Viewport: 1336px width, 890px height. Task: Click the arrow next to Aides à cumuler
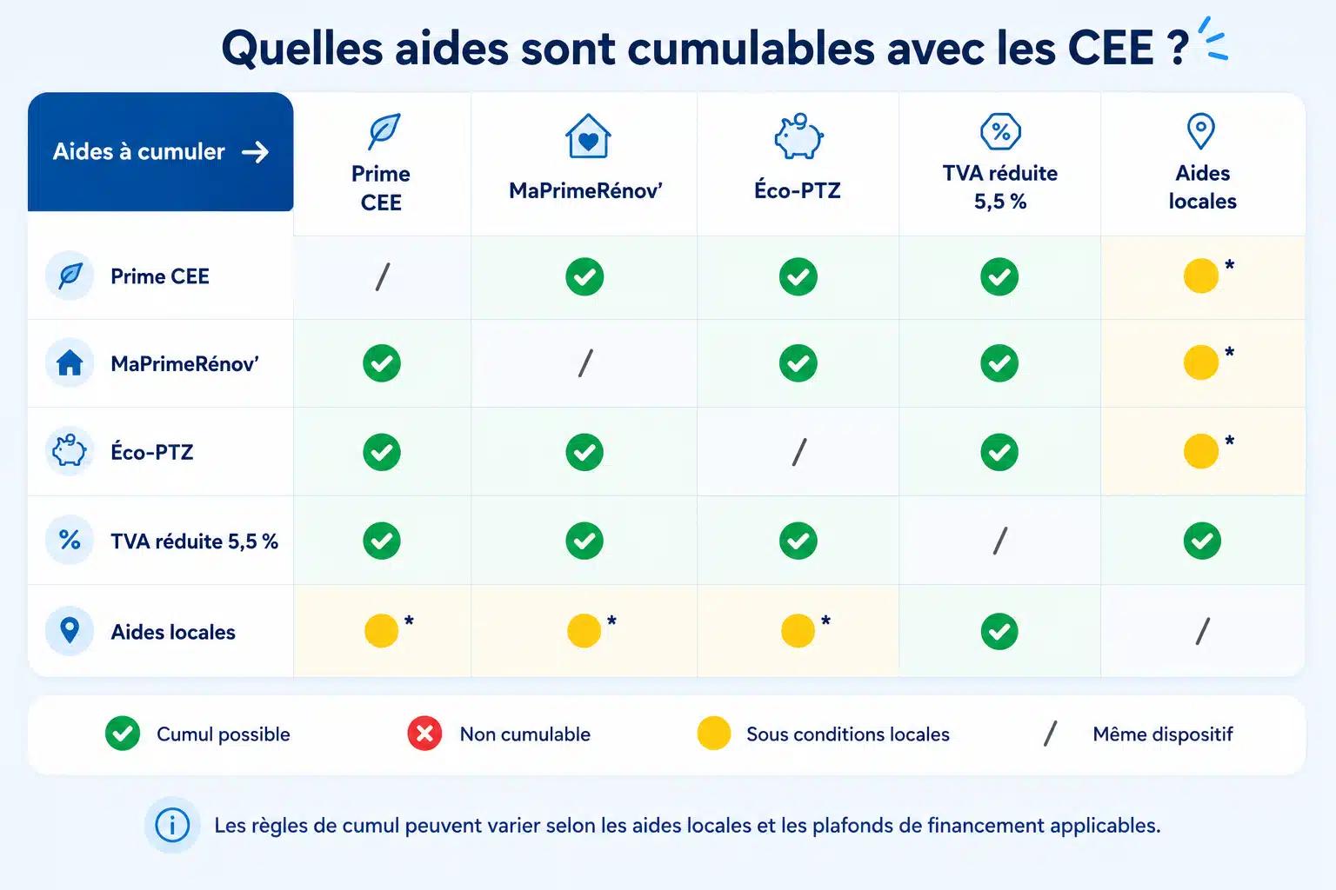point(255,152)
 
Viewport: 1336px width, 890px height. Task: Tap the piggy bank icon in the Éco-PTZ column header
point(798,136)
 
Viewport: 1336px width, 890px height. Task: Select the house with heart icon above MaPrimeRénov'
point(588,136)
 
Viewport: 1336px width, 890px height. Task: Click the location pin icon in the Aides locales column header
point(1200,130)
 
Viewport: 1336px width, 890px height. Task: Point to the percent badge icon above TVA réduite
point(1000,131)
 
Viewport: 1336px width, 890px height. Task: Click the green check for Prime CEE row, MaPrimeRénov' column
point(584,276)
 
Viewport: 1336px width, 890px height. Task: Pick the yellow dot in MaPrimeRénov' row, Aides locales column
point(1200,362)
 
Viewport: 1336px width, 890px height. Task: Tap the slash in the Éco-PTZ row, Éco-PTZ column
point(799,452)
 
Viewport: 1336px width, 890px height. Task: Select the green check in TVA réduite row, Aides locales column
point(1202,541)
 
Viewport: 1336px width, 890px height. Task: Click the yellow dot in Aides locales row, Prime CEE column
point(381,631)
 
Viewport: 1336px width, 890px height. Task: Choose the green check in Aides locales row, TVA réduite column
point(999,631)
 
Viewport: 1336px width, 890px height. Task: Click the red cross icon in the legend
point(424,734)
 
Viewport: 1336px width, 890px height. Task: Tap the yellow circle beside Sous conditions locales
point(714,734)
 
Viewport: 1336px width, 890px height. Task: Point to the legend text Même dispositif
point(1162,734)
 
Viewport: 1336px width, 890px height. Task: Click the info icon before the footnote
point(172,826)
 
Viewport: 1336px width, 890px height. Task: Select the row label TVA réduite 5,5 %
point(195,541)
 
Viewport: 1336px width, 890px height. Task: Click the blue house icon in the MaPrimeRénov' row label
point(70,362)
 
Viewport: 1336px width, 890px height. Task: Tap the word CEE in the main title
point(1111,48)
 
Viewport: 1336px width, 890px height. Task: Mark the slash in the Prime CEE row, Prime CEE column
point(383,276)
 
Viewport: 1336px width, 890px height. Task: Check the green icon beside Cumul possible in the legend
point(123,734)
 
